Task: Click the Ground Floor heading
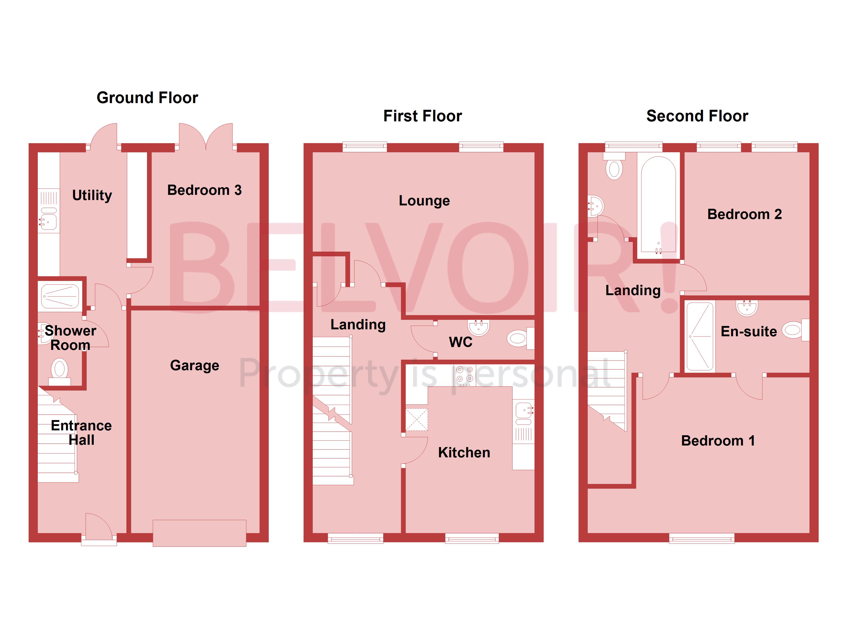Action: tap(147, 98)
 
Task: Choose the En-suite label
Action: tap(749, 332)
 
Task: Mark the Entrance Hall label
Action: tap(81, 432)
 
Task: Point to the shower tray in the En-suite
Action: tap(699, 336)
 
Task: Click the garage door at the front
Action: tap(199, 533)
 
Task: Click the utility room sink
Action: tap(49, 221)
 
